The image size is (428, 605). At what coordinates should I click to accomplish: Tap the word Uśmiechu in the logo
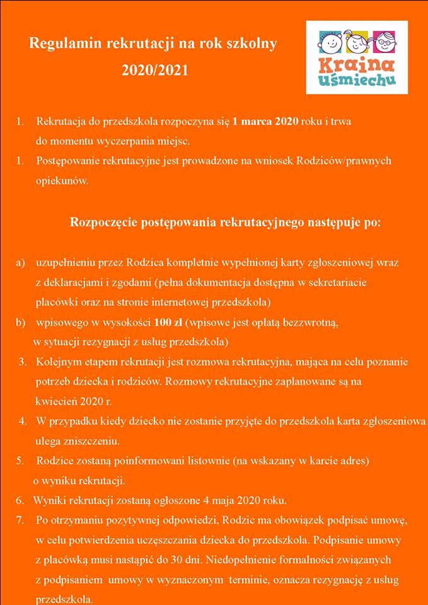[x=356, y=80]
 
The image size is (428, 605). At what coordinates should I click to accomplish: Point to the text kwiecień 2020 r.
[x=74, y=401]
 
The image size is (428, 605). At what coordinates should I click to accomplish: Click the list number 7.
[x=21, y=521]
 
